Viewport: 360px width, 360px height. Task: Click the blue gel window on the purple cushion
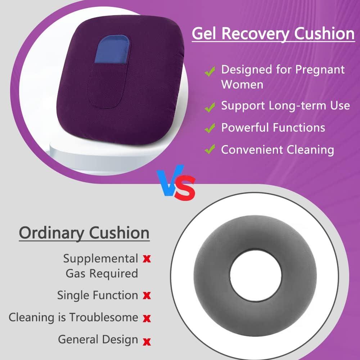(x=112, y=49)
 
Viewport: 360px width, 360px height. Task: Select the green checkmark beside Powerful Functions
(x=210, y=128)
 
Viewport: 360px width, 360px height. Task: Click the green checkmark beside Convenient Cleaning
(x=210, y=149)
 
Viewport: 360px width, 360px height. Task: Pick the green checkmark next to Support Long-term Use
(x=210, y=107)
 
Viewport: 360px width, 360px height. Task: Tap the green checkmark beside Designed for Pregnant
(x=210, y=71)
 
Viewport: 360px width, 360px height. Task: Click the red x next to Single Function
(x=147, y=296)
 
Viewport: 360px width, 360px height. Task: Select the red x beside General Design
(x=147, y=342)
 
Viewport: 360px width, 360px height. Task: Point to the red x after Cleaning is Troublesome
(x=147, y=319)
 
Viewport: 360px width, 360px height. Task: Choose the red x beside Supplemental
(x=147, y=259)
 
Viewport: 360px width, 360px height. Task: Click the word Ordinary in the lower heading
(x=51, y=233)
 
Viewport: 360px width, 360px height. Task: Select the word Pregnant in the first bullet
(x=320, y=70)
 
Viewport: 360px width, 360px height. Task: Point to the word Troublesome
(x=104, y=317)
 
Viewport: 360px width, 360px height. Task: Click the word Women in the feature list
(x=242, y=84)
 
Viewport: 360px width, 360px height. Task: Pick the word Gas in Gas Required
(x=76, y=274)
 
